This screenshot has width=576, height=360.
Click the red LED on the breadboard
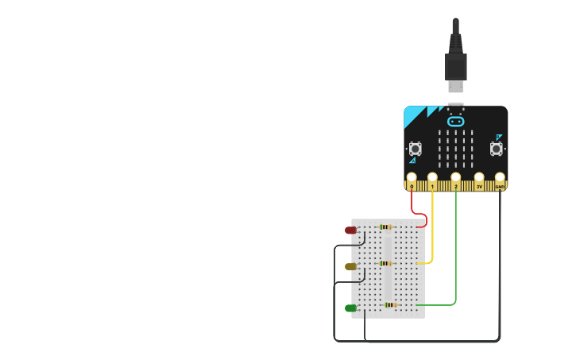pos(350,230)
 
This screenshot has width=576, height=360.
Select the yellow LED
pos(350,267)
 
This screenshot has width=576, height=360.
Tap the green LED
pos(350,308)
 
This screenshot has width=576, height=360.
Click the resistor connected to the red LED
pos(385,227)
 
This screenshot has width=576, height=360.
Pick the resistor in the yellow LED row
pos(385,263)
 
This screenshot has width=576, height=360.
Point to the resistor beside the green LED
pos(390,304)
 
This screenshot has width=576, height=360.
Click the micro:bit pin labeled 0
pos(412,178)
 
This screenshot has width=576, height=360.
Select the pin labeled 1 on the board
pos(432,178)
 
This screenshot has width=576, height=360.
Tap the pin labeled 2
pos(455,178)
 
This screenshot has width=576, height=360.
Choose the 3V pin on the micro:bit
pos(479,178)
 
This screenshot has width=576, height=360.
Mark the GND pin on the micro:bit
pos(500,178)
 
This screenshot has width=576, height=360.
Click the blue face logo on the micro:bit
pos(455,122)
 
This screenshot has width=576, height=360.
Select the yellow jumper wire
pos(432,230)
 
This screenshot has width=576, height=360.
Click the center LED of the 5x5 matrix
pos(455,149)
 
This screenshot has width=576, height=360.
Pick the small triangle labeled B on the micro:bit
pos(499,137)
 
